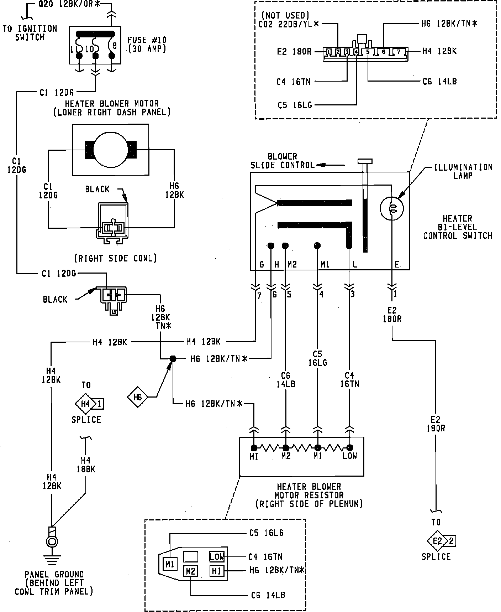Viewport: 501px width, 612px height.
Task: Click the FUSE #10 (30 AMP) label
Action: [x=147, y=44]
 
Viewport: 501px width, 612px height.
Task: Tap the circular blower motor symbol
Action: [x=110, y=150]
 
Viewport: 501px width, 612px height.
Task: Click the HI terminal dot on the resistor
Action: [x=254, y=448]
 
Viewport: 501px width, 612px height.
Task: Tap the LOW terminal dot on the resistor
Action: [x=350, y=448]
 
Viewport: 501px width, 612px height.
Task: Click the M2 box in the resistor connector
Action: [x=190, y=571]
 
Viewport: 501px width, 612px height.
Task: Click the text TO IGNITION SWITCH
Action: [x=30, y=33]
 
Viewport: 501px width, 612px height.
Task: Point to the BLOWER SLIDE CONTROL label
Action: [x=283, y=161]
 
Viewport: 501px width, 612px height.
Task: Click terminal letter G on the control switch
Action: [x=262, y=264]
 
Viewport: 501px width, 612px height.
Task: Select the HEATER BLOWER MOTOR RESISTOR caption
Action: [x=309, y=495]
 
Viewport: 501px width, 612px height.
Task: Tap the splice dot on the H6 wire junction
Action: [x=173, y=359]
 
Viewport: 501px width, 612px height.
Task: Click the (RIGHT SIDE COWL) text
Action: [x=116, y=258]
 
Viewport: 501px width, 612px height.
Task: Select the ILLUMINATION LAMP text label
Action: [x=463, y=171]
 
